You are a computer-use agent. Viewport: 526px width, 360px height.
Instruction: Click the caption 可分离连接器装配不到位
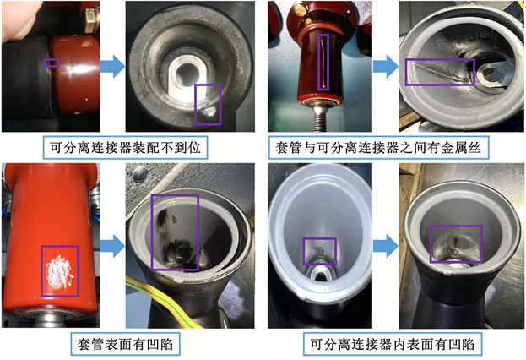(x=125, y=147)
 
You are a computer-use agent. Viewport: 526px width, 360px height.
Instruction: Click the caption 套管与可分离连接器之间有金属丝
(x=378, y=147)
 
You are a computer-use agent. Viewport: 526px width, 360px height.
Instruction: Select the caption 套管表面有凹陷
(x=125, y=344)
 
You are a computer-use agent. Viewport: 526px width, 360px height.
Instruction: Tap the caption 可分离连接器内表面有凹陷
(x=393, y=344)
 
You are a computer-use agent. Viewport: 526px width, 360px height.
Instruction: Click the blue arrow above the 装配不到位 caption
(x=113, y=66)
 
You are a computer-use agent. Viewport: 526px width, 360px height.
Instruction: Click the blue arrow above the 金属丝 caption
(x=386, y=66)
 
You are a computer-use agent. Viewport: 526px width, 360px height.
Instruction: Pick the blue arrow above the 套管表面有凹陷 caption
(x=113, y=246)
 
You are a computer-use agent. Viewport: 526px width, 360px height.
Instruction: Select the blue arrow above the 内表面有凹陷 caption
(x=386, y=246)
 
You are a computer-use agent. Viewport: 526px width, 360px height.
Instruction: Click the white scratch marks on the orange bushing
(x=59, y=271)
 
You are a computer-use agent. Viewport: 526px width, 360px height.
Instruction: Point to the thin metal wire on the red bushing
(x=323, y=63)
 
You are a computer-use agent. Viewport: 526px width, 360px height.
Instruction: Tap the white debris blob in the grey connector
(x=209, y=112)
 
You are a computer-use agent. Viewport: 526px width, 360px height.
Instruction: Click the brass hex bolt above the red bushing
(x=91, y=19)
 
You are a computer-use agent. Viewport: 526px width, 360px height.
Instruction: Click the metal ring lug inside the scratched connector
(x=491, y=74)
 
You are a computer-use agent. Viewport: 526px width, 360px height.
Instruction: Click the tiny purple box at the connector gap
(x=52, y=63)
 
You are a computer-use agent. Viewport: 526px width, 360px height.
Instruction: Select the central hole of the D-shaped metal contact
(x=187, y=74)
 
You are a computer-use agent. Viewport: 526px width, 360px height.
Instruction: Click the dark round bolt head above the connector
(x=140, y=174)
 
